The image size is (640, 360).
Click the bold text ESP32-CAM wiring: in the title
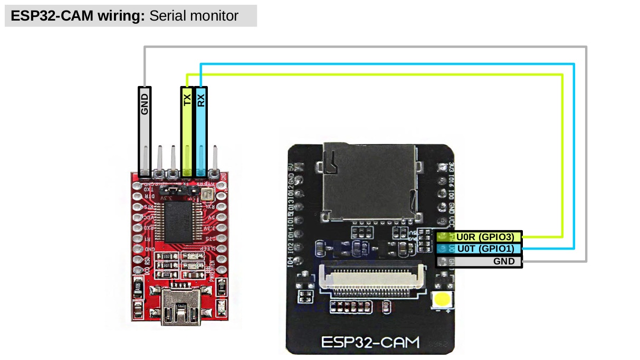(78, 16)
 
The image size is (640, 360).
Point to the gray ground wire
(364, 48)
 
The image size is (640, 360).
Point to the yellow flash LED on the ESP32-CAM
(442, 300)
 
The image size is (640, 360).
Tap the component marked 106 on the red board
(138, 288)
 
